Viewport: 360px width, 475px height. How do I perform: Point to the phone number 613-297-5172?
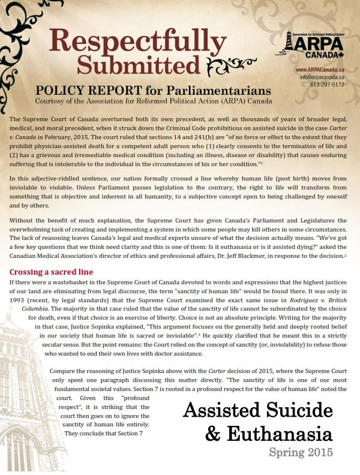coord(328,85)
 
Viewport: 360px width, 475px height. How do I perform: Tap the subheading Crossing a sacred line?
coord(50,272)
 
